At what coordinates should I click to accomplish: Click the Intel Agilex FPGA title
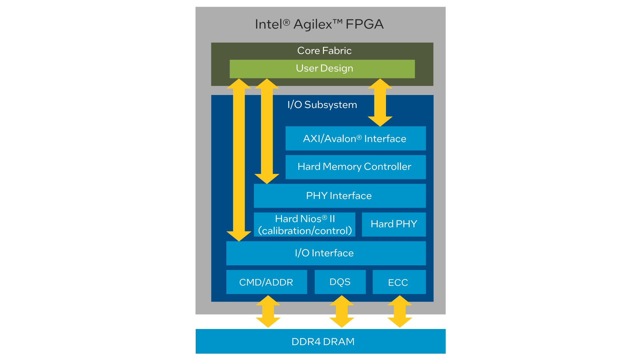pyautogui.click(x=319, y=24)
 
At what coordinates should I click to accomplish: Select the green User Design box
pyautogui.click(x=322, y=69)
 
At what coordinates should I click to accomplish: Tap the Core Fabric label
pyautogui.click(x=324, y=51)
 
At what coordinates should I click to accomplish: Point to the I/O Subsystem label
pyautogui.click(x=322, y=105)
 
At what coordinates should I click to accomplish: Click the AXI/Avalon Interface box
pyautogui.click(x=355, y=138)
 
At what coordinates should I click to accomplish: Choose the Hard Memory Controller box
pyautogui.click(x=355, y=167)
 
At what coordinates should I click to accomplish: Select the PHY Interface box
pyautogui.click(x=339, y=196)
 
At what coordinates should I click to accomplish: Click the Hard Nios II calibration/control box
pyautogui.click(x=304, y=224)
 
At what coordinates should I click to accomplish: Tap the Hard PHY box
pyautogui.click(x=394, y=224)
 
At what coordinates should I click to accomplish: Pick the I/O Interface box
pyautogui.click(x=326, y=253)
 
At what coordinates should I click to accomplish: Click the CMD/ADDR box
pyautogui.click(x=266, y=282)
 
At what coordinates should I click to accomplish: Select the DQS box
pyautogui.click(x=340, y=282)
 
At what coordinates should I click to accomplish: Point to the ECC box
pyautogui.click(x=399, y=282)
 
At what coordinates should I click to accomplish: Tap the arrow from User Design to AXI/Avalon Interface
pyautogui.click(x=380, y=102)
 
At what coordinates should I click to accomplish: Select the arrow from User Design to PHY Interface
pyautogui.click(x=267, y=131)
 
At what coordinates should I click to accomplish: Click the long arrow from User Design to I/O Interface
pyautogui.click(x=239, y=160)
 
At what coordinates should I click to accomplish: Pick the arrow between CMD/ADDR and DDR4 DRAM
pyautogui.click(x=268, y=312)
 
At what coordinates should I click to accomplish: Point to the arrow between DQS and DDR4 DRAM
pyautogui.click(x=341, y=312)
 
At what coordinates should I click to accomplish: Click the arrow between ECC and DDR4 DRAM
pyautogui.click(x=400, y=312)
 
